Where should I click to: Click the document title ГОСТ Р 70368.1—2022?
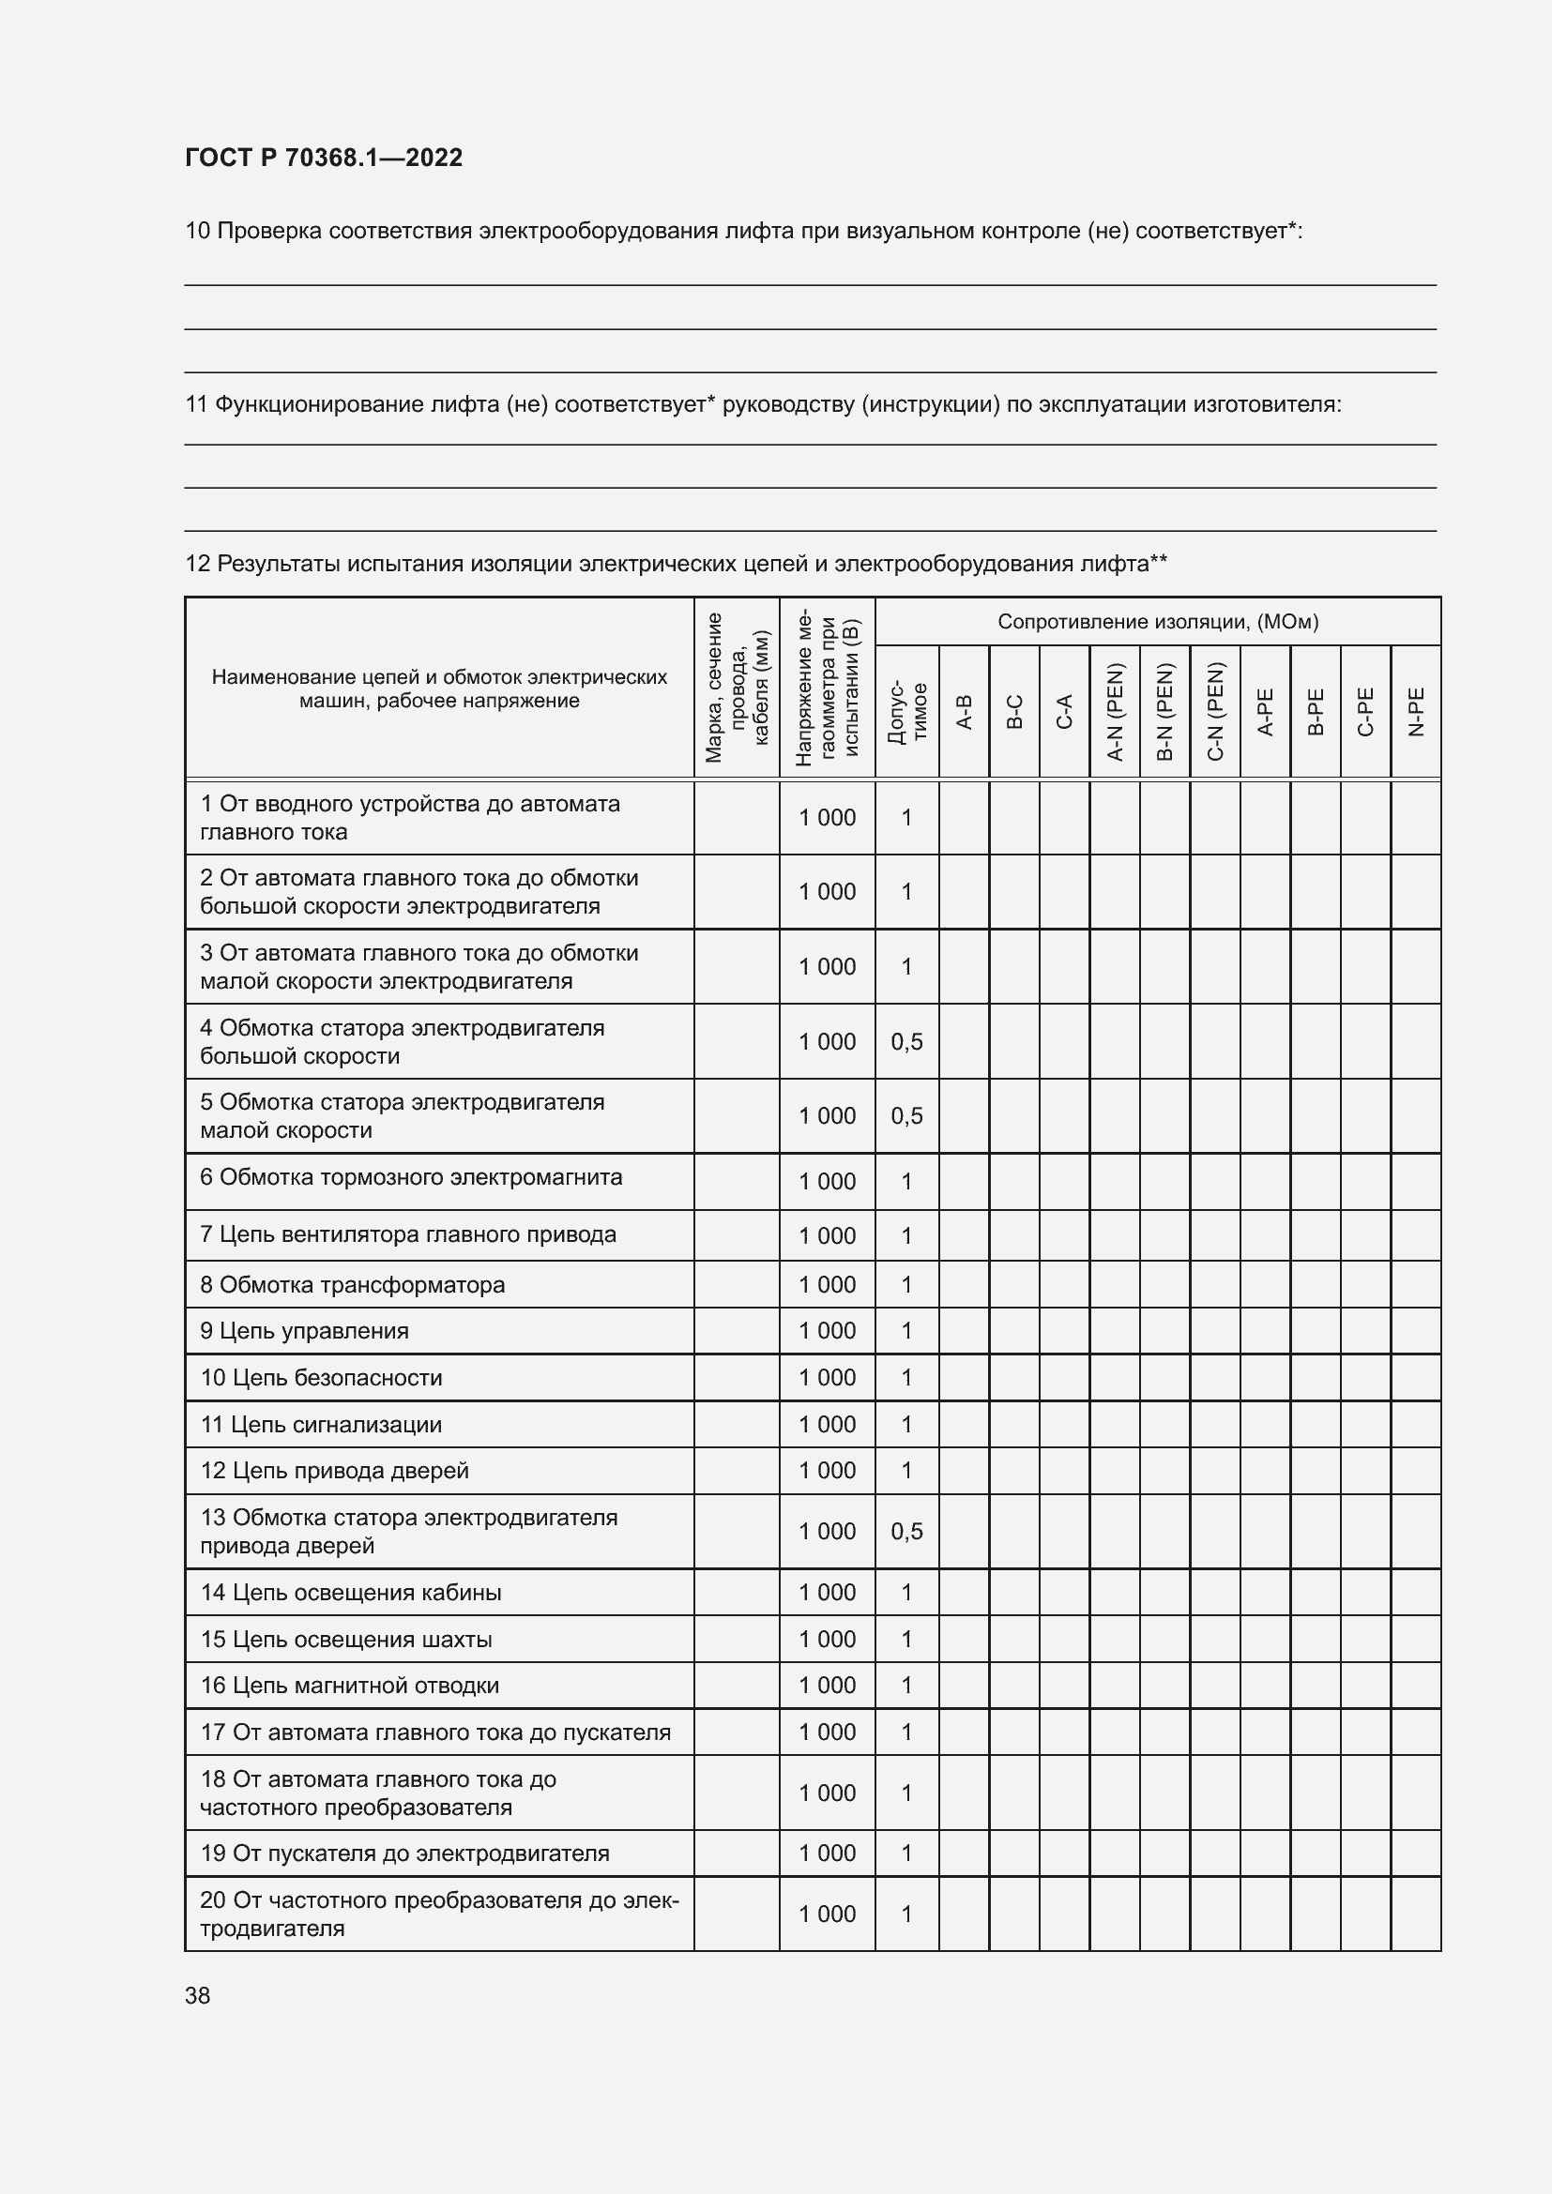(323, 158)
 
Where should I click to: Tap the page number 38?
(198, 1996)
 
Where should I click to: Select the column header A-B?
(965, 712)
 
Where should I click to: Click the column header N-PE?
(1416, 712)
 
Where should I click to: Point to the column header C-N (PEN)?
(1214, 712)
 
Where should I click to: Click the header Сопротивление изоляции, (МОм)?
(1157, 622)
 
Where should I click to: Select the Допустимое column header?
(907, 712)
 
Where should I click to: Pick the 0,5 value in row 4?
(907, 1041)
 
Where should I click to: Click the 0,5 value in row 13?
(907, 1531)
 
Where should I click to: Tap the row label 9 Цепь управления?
(304, 1331)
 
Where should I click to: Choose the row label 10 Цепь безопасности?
(321, 1378)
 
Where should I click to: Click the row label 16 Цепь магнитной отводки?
(349, 1685)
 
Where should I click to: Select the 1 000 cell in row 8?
(827, 1284)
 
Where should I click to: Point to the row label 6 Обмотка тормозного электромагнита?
(411, 1177)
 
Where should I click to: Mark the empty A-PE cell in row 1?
(1265, 818)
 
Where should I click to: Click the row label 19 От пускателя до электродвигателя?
(404, 1853)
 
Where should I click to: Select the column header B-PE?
(1315, 712)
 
